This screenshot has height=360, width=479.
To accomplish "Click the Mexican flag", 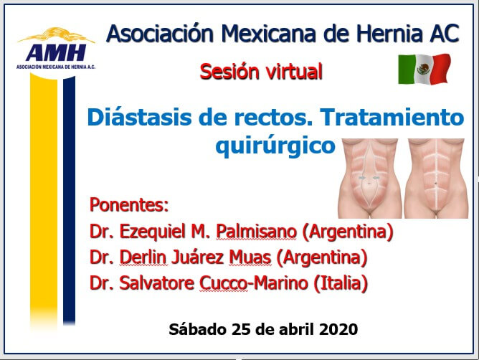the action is pos(425,69).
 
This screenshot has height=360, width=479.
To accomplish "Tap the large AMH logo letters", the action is pos(56,52).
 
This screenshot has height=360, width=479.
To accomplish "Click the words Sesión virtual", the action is pos(261,72).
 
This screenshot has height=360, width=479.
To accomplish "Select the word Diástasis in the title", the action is pos(139,118).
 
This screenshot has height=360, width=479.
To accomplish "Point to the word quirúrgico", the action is pos(275,146).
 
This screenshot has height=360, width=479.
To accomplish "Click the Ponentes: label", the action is pos(129,204).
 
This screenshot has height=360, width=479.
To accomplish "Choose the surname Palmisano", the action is pos(256,232).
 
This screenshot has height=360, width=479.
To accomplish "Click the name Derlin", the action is pos(143,257).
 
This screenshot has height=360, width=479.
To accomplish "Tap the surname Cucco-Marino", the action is pos(254,283).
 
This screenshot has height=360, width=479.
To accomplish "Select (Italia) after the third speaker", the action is pos(341,283).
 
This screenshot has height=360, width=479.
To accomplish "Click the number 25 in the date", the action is pos(242,329).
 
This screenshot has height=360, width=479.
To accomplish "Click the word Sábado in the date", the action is pos(198,329).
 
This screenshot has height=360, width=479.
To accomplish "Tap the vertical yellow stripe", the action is pos(44,202).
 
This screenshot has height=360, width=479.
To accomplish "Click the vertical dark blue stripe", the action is pos(69,200).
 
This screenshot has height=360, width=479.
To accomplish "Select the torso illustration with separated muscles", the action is pos(369,178).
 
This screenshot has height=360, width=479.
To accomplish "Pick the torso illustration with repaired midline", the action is pos(436,178).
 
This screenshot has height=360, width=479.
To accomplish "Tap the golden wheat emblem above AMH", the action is pos(56,35).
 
